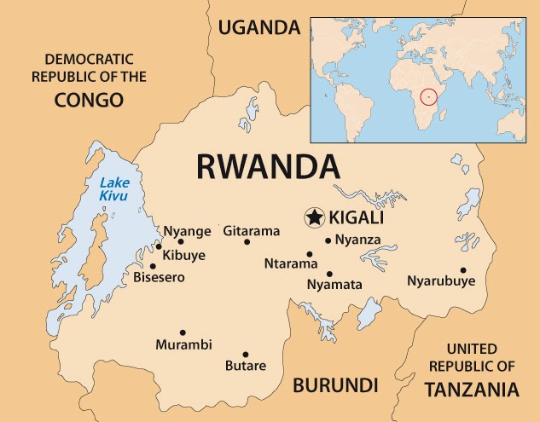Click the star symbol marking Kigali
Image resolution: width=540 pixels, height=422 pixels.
coord(315,217)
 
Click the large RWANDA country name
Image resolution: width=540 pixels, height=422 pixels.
coord(268,165)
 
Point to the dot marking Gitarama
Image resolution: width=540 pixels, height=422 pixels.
coord(247,242)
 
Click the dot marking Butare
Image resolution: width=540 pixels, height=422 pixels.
coord(245,355)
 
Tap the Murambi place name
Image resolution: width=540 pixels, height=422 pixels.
coord(183,345)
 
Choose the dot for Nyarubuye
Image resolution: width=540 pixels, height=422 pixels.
coord(463,270)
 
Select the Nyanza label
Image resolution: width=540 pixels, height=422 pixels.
coord(357,240)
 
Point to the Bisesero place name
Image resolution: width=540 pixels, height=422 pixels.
coord(159,277)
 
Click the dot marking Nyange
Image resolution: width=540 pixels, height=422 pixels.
coord(181,242)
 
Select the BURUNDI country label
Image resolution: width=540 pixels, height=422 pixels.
coord(335,384)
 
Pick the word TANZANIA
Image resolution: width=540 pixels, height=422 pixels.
coord(472,390)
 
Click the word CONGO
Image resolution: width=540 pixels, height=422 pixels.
coord(90,100)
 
